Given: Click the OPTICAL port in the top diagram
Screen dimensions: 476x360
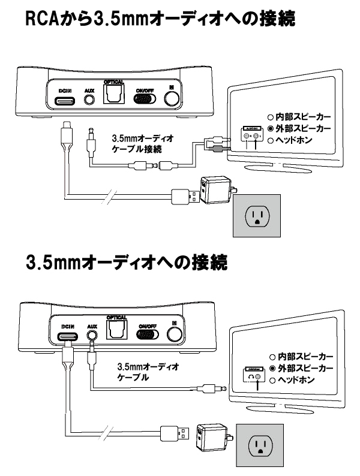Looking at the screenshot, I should tap(114, 95).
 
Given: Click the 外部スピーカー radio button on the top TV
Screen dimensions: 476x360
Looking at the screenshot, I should tap(271, 128).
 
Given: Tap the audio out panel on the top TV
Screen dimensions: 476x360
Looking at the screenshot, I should tap(251, 135).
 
